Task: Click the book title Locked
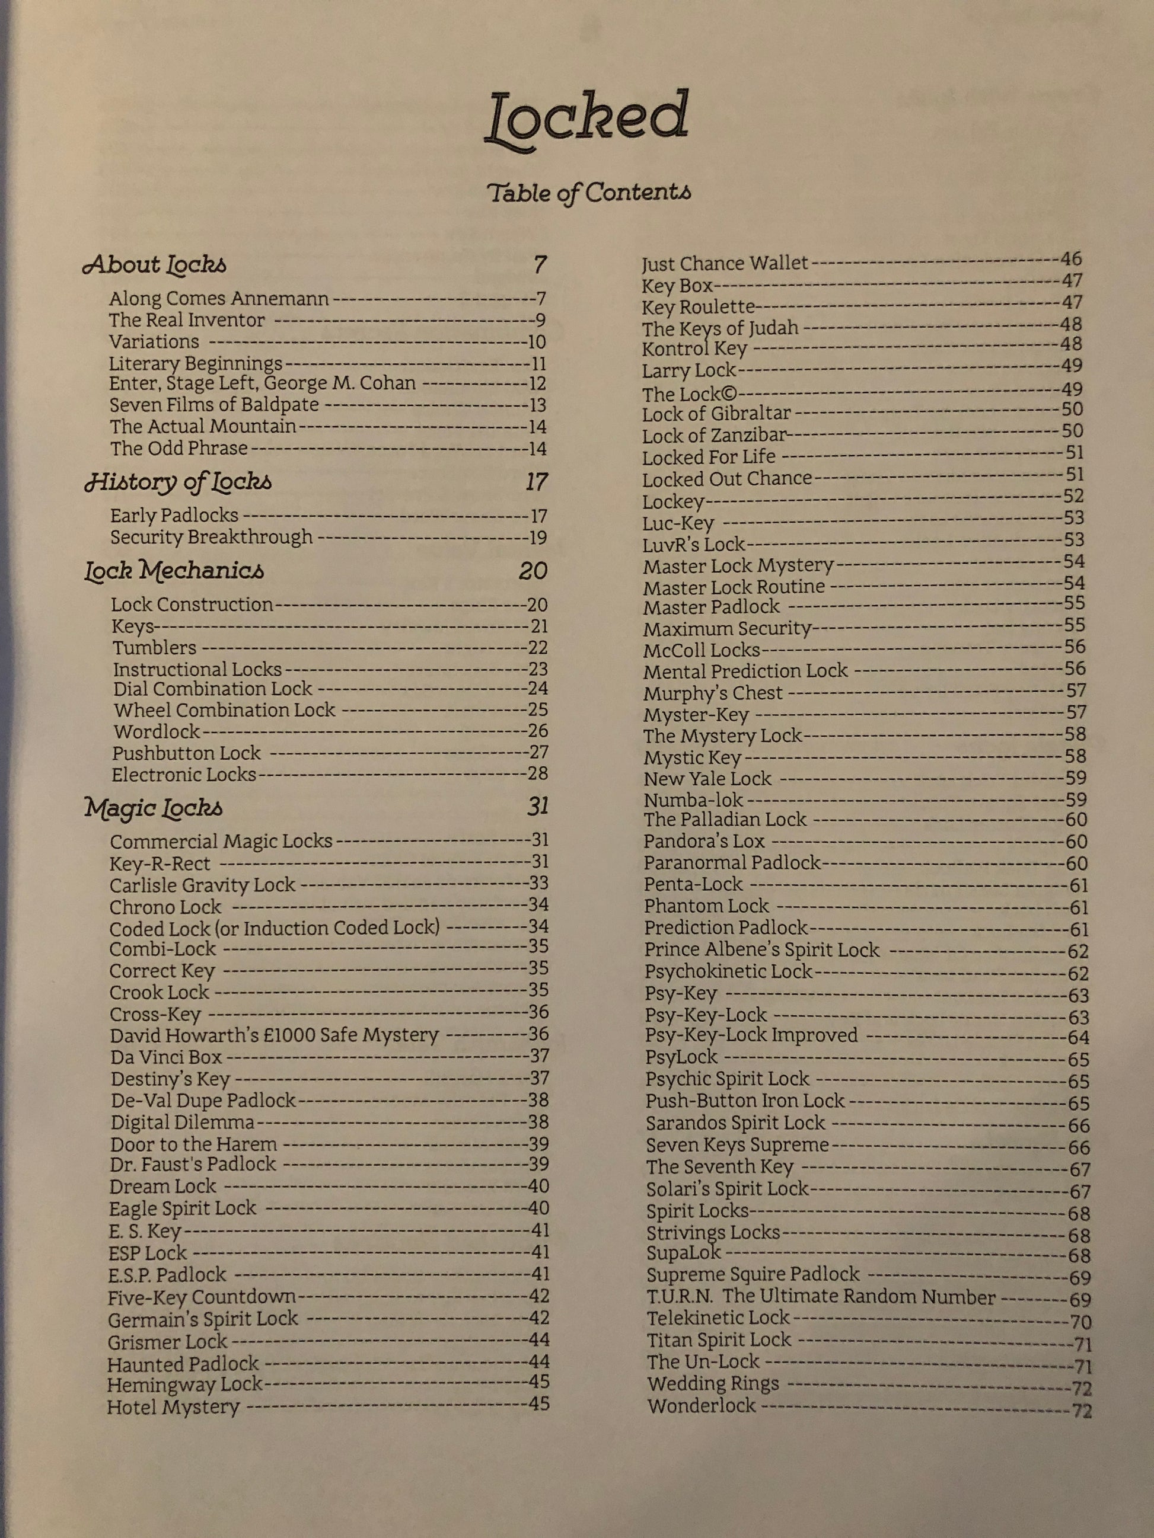click(587, 120)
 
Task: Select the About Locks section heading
click(154, 264)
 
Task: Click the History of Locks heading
click(178, 482)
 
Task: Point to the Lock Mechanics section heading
click(174, 571)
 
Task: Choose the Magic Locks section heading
click(154, 807)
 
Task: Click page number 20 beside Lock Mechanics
click(533, 571)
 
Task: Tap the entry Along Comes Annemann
click(218, 299)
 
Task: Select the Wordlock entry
click(157, 731)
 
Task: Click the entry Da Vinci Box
click(165, 1057)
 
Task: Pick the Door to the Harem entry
click(193, 1144)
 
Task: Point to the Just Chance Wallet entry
click(724, 264)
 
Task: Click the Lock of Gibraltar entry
click(716, 414)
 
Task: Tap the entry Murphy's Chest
click(713, 693)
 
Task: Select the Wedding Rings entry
click(713, 1384)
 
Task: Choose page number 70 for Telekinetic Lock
click(1080, 1321)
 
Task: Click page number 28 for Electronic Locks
click(538, 773)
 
